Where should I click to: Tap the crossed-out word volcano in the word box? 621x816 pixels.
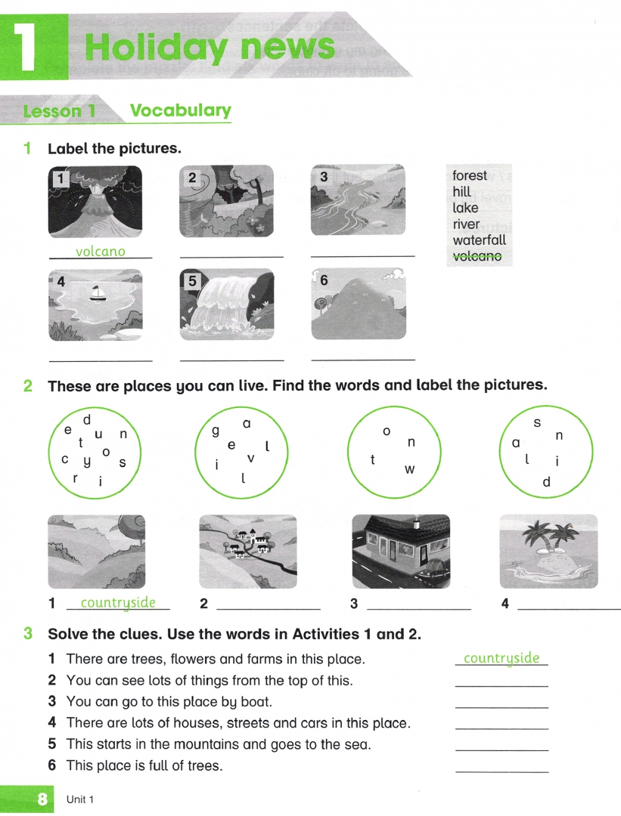click(x=477, y=257)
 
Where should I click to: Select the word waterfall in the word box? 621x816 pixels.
click(x=479, y=240)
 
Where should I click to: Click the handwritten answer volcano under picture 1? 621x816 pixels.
click(x=101, y=252)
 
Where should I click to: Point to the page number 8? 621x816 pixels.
click(x=42, y=799)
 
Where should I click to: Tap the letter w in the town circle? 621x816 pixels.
click(x=410, y=469)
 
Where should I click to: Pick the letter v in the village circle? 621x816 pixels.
click(x=251, y=458)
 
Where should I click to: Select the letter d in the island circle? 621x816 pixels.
click(x=547, y=482)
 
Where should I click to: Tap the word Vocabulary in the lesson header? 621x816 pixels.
click(x=180, y=110)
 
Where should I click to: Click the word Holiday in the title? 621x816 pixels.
click(x=156, y=47)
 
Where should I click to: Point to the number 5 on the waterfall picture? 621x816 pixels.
click(x=192, y=281)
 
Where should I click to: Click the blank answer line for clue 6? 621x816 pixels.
click(x=501, y=771)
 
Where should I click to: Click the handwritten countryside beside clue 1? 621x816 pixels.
click(x=501, y=658)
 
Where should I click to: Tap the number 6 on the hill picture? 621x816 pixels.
click(x=324, y=280)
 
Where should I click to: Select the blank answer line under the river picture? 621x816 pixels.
click(x=362, y=257)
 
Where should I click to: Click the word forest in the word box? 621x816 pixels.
click(x=470, y=175)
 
